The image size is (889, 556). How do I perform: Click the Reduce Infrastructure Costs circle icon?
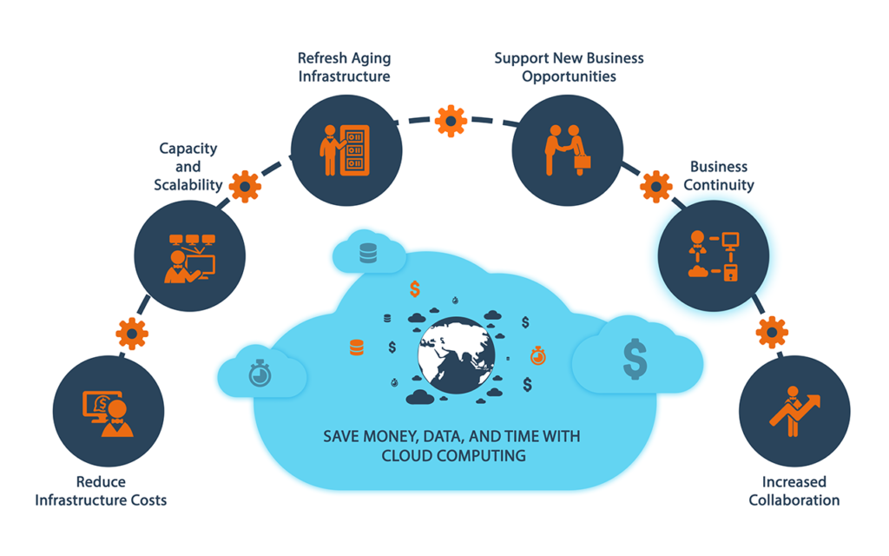point(109,410)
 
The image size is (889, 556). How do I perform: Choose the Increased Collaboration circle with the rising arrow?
point(794,410)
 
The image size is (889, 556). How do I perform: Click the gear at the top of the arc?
point(451,121)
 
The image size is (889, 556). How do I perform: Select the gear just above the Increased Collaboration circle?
point(771,332)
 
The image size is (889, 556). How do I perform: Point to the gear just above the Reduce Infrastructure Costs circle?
point(132,333)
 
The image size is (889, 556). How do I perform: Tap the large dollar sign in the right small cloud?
point(635,359)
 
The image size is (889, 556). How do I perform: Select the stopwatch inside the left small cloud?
point(259,374)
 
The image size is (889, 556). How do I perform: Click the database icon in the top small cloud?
point(368,253)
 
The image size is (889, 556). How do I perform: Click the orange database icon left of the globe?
point(356,347)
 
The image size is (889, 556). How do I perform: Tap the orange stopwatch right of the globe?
point(538,354)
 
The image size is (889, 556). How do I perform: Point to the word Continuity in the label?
point(719,185)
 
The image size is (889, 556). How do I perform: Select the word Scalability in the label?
point(188,185)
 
